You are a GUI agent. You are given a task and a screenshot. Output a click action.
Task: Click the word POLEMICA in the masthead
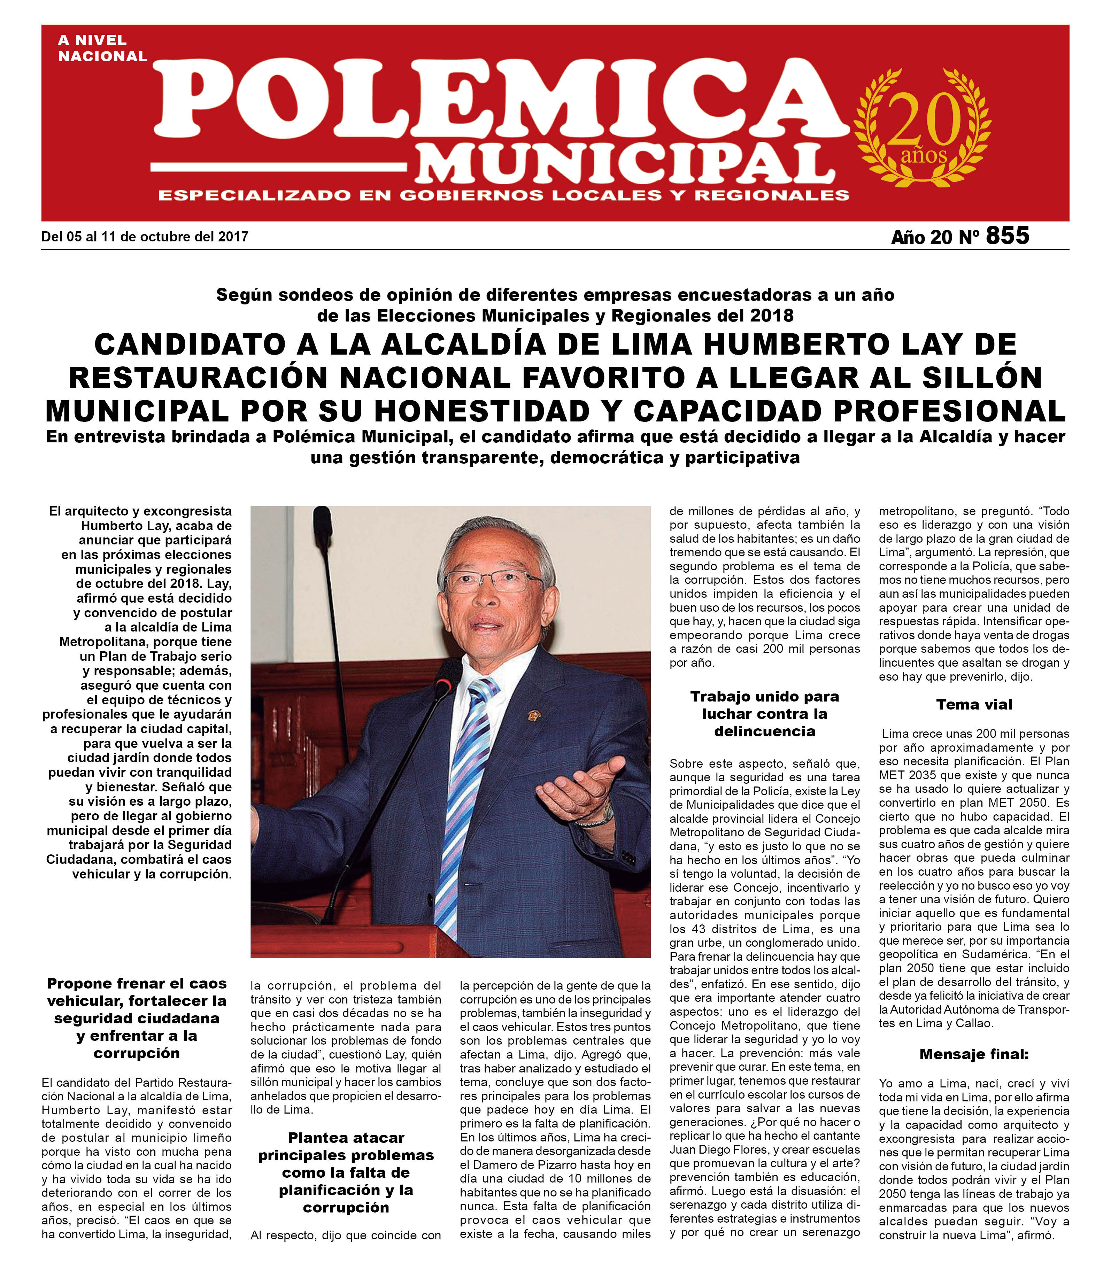coord(501,99)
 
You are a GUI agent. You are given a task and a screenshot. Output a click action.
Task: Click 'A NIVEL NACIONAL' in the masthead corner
coord(102,48)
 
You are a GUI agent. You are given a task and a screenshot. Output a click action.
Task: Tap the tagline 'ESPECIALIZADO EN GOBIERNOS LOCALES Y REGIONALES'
coord(504,196)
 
